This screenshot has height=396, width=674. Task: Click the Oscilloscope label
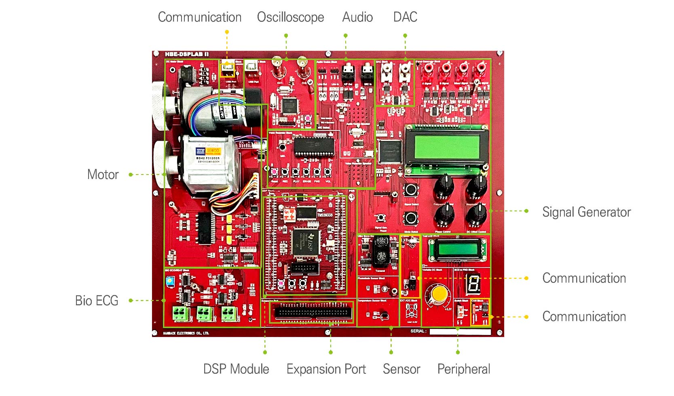coord(290,17)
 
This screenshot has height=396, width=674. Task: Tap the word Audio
coord(357,17)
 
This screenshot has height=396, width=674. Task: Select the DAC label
coord(405,17)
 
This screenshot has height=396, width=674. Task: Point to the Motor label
coord(103,175)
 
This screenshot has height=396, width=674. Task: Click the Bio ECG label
coord(97,301)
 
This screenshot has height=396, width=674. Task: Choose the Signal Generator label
coord(586,212)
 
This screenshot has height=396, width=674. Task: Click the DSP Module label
coord(236,369)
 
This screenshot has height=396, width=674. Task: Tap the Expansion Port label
coord(326,369)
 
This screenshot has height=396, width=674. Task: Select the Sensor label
coord(401,369)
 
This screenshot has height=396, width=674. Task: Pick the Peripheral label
coord(464,369)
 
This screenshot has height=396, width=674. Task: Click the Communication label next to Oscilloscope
coord(199,17)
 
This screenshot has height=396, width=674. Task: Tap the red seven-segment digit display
coord(473,284)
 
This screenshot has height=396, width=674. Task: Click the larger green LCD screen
coord(446,146)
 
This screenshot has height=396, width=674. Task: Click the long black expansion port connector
coord(313,312)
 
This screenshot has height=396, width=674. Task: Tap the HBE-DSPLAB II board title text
coord(187,54)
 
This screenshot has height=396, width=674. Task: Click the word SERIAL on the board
coord(418,331)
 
